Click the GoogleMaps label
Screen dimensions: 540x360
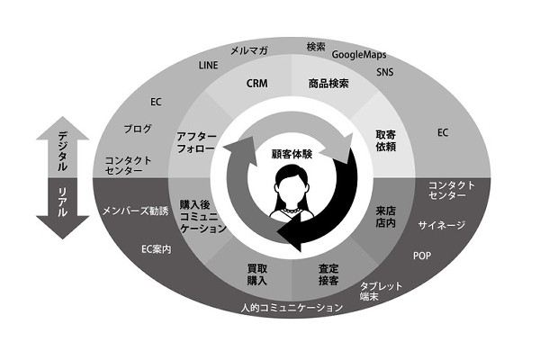pyautogui.click(x=359, y=55)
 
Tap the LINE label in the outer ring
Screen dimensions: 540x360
pyautogui.click(x=209, y=65)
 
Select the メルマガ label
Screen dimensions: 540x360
pyautogui.click(x=249, y=51)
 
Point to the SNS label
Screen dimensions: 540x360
pyautogui.click(x=384, y=72)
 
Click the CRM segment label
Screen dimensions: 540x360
pyautogui.click(x=256, y=84)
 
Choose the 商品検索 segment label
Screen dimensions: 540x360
pyautogui.click(x=328, y=84)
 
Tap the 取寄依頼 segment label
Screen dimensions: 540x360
pyautogui.click(x=386, y=140)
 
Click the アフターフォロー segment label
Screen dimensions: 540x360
pyautogui.click(x=196, y=142)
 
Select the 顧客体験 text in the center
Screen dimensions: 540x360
pyautogui.click(x=292, y=154)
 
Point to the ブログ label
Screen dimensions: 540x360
pyautogui.click(x=138, y=129)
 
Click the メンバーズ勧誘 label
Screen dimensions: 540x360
pyautogui.click(x=136, y=211)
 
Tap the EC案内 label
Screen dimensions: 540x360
pyautogui.click(x=157, y=249)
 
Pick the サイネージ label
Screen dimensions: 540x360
pyautogui.click(x=442, y=225)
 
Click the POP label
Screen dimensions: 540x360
pyautogui.click(x=422, y=256)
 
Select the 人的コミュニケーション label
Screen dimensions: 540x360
pyautogui.click(x=292, y=307)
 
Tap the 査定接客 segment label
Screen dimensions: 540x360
pyautogui.click(x=328, y=274)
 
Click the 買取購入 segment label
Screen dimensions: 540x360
pyautogui.click(x=256, y=274)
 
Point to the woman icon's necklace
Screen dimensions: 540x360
pyautogui.click(x=292, y=210)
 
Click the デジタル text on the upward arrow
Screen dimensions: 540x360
pyautogui.click(x=62, y=151)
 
